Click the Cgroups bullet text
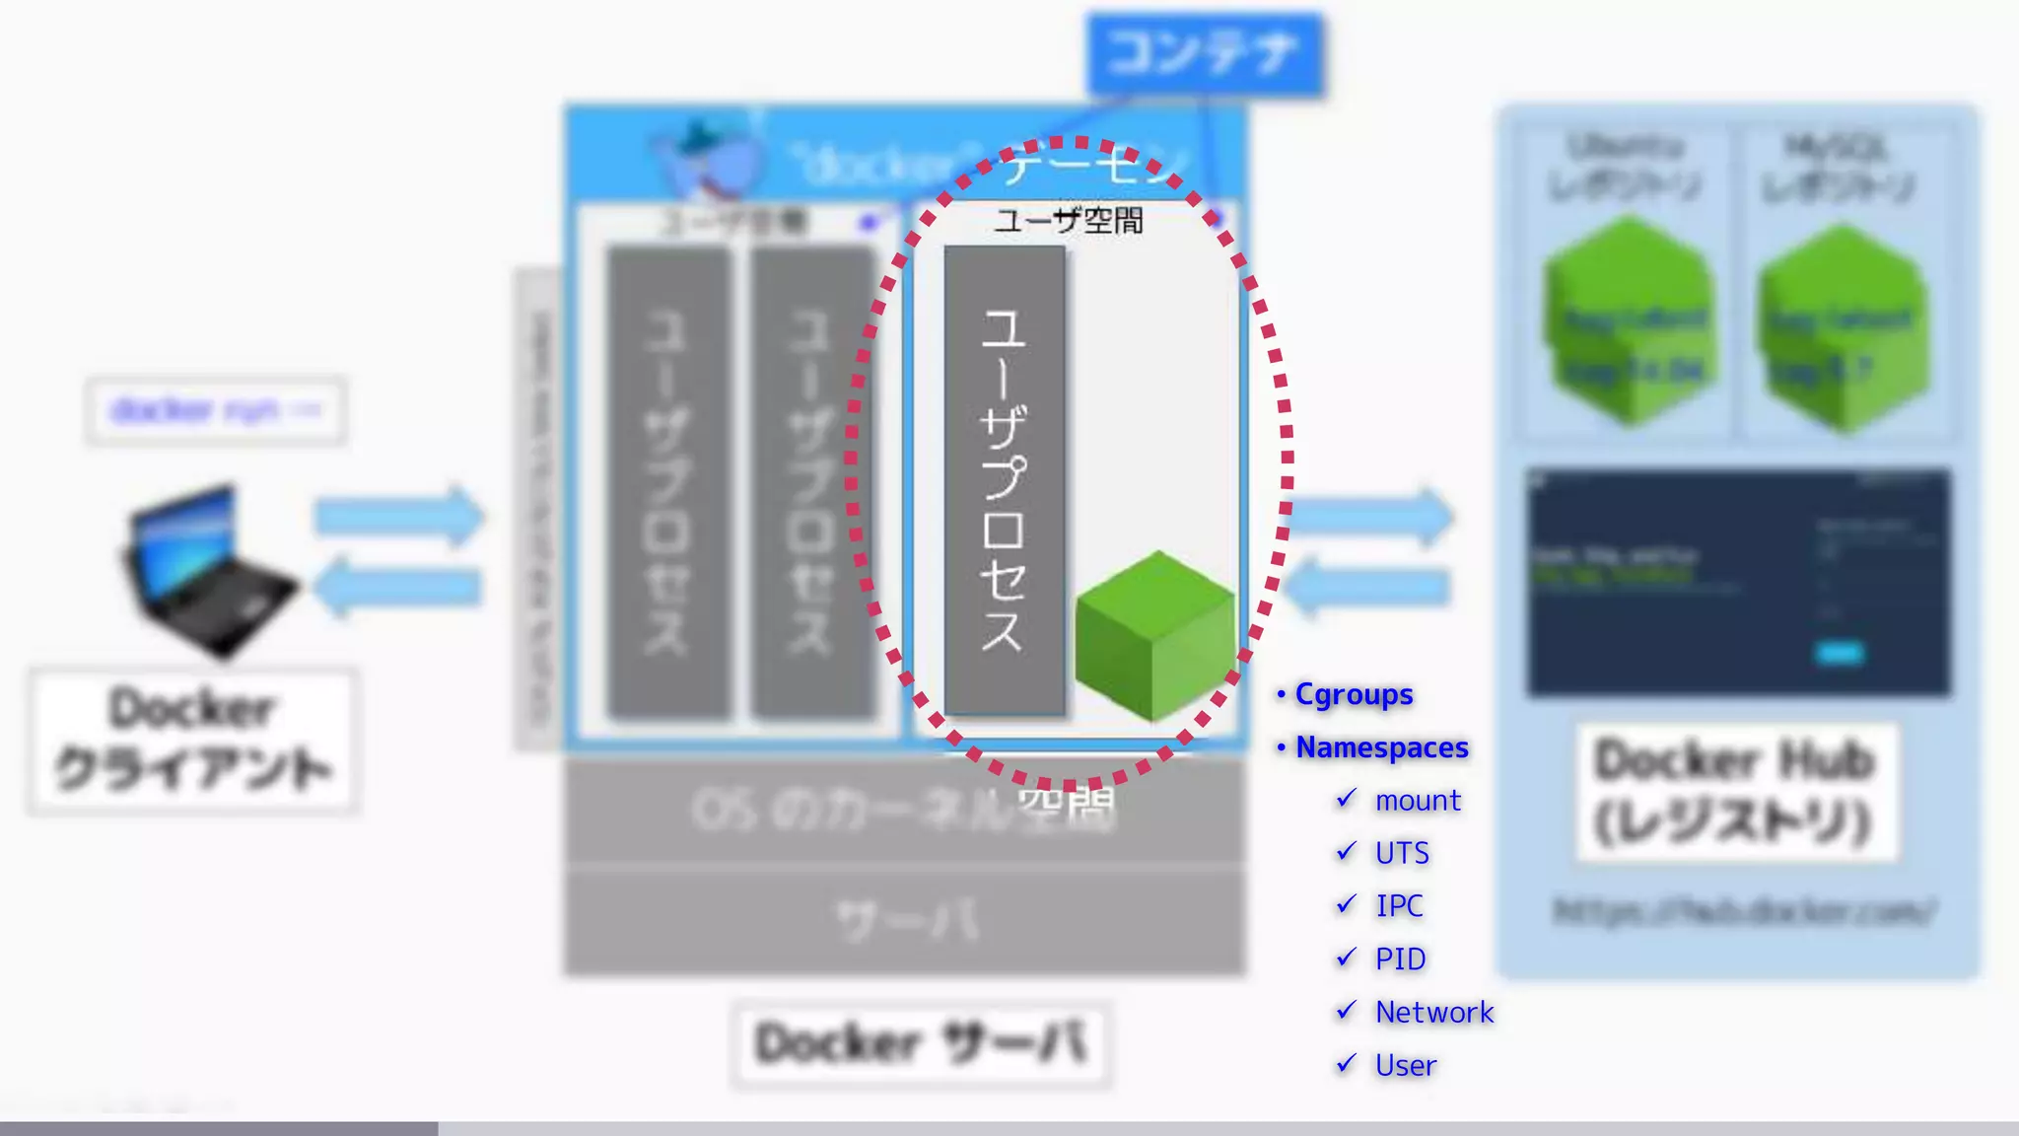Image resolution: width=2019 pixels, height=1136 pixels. click(x=1354, y=695)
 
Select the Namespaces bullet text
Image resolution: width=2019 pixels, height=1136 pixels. click(x=1381, y=748)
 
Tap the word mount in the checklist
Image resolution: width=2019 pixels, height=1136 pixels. click(x=1418, y=801)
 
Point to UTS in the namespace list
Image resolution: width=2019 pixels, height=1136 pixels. click(x=1402, y=854)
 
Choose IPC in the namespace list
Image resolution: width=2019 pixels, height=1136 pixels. click(x=1399, y=906)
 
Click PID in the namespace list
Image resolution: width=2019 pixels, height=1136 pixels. click(x=1400, y=959)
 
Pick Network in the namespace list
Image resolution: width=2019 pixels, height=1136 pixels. click(x=1434, y=1013)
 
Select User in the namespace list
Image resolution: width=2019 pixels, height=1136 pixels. click(x=1406, y=1066)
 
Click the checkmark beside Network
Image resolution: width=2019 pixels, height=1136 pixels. click(x=1347, y=1011)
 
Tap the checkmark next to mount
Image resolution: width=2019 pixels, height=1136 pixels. click(x=1347, y=799)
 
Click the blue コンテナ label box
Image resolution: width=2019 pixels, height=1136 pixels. click(x=1205, y=53)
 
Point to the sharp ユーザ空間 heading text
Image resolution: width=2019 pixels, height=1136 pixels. click(x=1069, y=220)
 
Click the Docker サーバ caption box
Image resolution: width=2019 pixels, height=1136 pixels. click(x=922, y=1043)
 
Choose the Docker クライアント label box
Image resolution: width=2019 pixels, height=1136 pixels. click(x=193, y=741)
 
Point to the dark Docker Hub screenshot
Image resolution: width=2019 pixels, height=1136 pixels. click(x=1738, y=583)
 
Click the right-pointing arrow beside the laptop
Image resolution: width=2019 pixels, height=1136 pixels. click(x=398, y=515)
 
